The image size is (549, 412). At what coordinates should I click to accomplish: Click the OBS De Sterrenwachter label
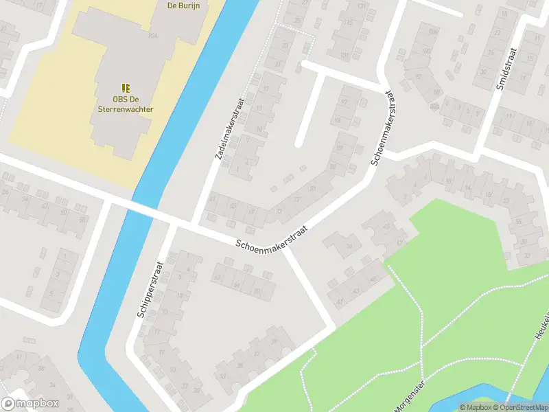pos(124,104)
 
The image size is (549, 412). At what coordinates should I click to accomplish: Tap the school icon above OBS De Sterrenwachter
pos(125,88)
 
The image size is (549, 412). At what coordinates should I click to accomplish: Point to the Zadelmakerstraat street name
pos(230,128)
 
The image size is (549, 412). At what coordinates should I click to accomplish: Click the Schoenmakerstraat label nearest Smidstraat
pos(384,128)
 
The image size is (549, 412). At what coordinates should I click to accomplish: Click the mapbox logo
pos(30,404)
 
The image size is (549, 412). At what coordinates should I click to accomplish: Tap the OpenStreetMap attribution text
pos(519,407)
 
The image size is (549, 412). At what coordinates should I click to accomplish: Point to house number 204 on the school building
pos(152,35)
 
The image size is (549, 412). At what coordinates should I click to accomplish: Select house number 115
pos(349,23)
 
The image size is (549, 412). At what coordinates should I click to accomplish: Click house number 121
pos(362,5)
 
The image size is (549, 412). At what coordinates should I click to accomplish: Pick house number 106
pos(433,31)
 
